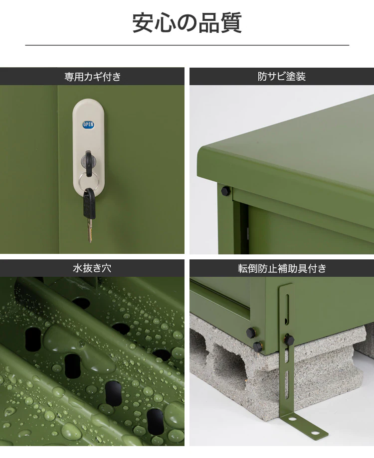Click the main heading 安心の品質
coord(187,23)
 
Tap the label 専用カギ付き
coord(92,77)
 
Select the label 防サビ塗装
coord(282,77)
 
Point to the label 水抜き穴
coord(92,268)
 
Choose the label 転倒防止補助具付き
coord(282,268)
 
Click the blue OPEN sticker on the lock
coord(88,125)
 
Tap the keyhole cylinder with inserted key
coord(88,161)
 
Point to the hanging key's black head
coord(89,204)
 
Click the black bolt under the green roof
coord(225,191)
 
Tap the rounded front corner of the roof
coord(202,153)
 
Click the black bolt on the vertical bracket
coord(289,339)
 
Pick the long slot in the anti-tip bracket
coord(287,309)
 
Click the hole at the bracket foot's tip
coord(314,432)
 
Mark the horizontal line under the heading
coord(187,45)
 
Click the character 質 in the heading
coord(231,23)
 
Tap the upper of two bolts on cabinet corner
coord(251,333)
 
